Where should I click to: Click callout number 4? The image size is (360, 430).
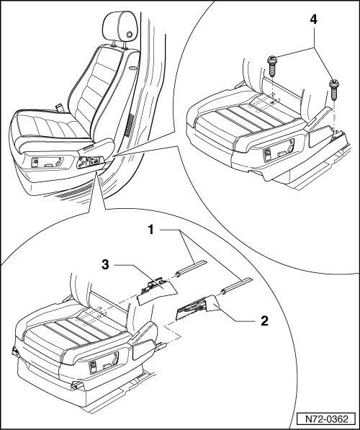[314, 19]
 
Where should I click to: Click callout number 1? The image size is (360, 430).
[150, 230]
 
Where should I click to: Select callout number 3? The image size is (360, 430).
[105, 265]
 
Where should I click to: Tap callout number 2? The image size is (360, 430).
[264, 321]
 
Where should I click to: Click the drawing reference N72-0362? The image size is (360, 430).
[327, 419]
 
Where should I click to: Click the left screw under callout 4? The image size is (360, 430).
[272, 66]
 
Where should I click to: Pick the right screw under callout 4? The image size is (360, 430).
[334, 90]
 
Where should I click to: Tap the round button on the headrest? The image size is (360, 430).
[129, 35]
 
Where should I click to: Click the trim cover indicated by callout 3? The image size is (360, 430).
[156, 291]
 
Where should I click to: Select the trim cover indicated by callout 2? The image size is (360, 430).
[197, 307]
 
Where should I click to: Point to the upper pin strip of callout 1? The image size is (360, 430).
[190, 268]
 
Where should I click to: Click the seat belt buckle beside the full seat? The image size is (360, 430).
[59, 107]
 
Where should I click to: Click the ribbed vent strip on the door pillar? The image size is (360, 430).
[129, 125]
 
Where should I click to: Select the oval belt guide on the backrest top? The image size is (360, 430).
[133, 68]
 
